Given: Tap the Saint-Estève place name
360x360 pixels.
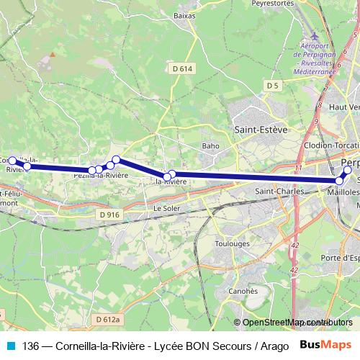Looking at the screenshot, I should coord(261,130).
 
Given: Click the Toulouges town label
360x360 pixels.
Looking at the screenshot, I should coord(233,244).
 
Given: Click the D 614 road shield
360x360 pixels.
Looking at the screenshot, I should coord(183,69).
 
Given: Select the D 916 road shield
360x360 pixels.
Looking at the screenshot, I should coord(110,215).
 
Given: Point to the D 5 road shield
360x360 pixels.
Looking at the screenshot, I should coord(272,86).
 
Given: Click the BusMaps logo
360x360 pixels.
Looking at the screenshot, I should coord(325,345).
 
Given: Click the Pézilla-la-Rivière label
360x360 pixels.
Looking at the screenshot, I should coord(100,175).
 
